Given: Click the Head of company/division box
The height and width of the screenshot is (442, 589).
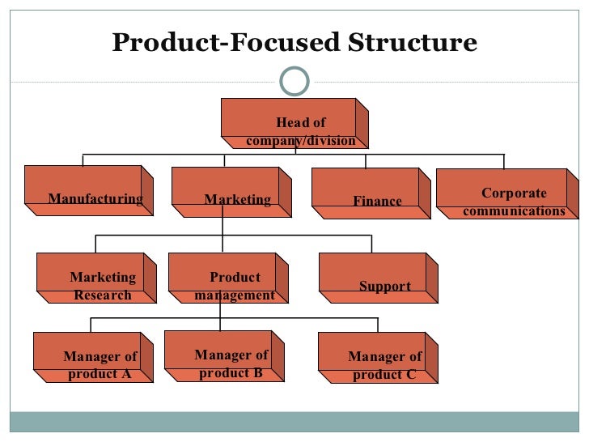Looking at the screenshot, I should [x=294, y=123].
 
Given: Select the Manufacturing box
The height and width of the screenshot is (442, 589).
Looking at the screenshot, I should [x=89, y=190].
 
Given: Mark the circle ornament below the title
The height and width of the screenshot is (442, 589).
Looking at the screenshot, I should [x=294, y=79].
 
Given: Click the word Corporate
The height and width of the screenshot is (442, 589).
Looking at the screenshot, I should [x=514, y=193].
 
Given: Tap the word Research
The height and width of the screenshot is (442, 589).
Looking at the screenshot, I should [x=103, y=295].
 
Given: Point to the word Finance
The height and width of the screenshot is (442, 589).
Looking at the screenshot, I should [x=377, y=201].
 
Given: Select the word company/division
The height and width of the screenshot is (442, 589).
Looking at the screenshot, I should [x=301, y=141].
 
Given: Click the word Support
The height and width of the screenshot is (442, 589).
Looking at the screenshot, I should [x=385, y=287].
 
